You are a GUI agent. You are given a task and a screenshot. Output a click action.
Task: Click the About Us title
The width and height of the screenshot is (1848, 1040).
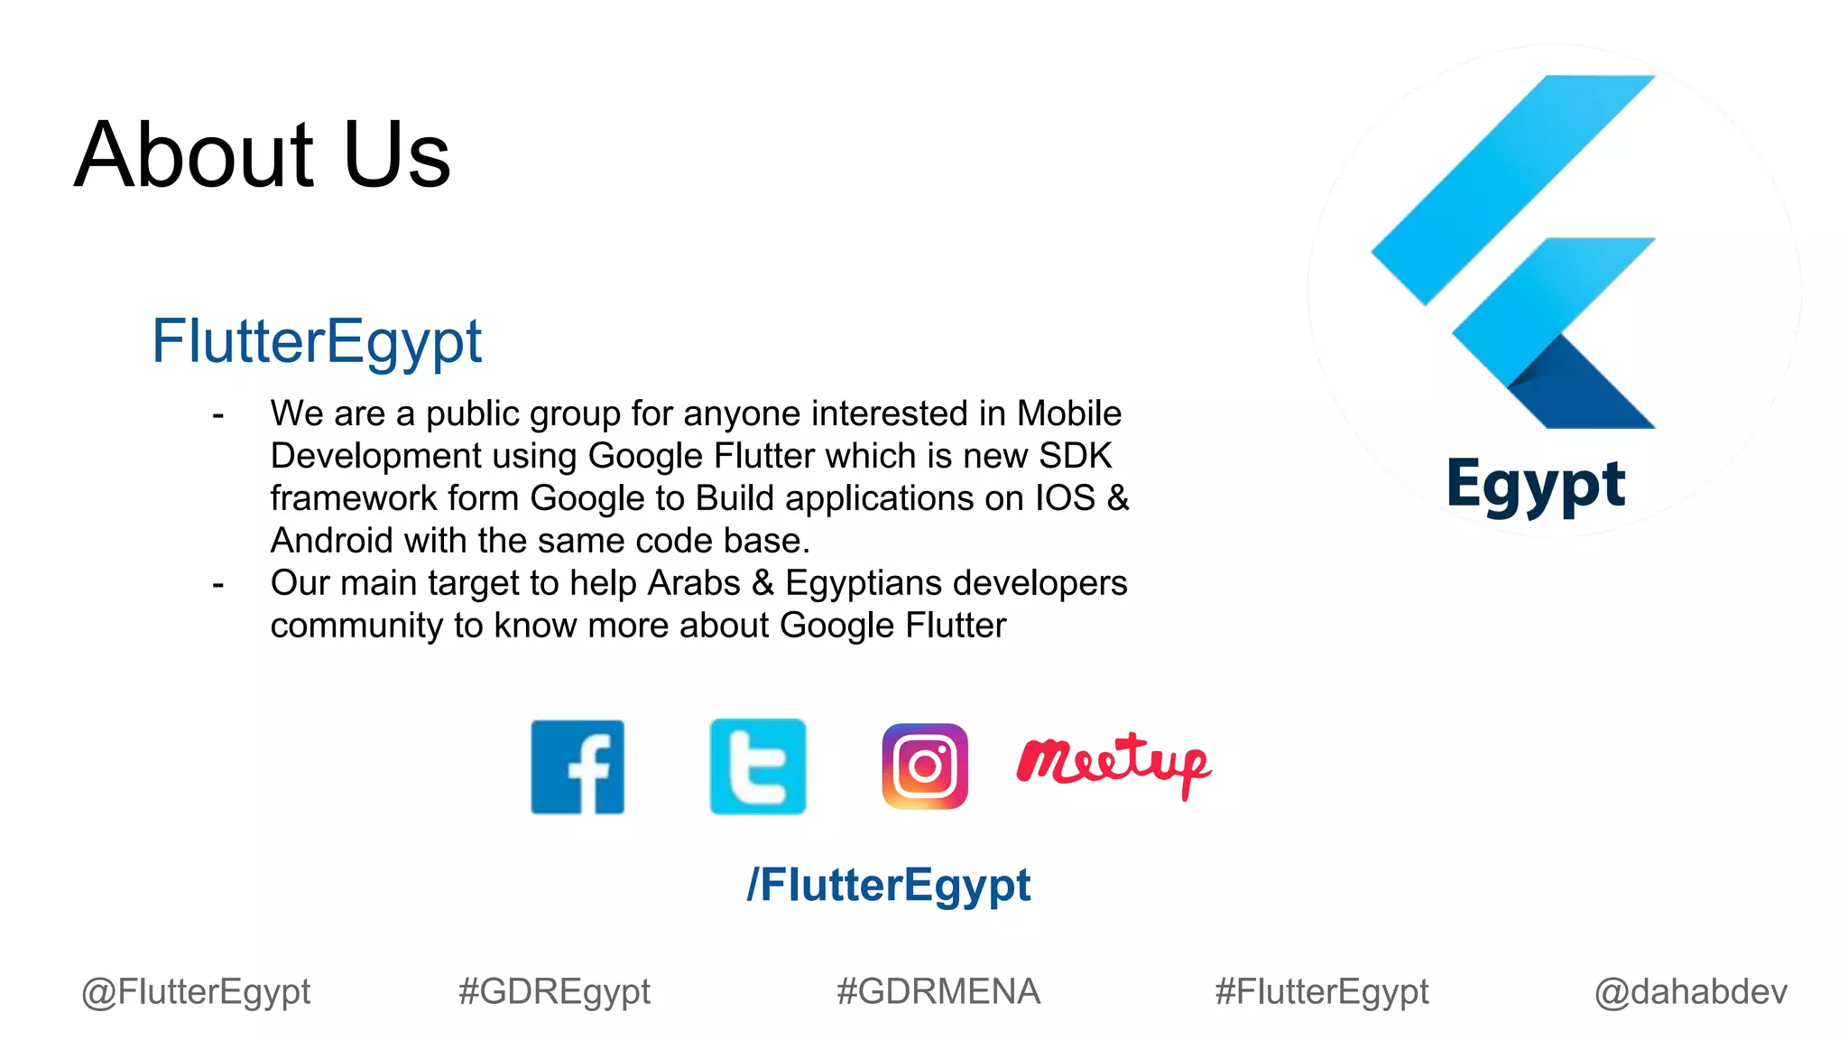262,155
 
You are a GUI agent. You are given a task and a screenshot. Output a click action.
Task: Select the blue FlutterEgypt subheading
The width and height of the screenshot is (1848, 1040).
316,342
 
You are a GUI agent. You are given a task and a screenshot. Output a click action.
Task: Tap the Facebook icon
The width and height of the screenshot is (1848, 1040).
577,767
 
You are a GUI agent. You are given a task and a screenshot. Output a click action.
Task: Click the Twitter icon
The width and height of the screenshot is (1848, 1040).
758,767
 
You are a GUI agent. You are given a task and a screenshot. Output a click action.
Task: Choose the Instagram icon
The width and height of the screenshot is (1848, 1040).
925,766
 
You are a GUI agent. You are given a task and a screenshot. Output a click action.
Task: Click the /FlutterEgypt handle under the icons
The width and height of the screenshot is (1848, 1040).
888,885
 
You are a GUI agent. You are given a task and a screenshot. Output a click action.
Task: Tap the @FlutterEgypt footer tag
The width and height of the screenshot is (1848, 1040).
196,992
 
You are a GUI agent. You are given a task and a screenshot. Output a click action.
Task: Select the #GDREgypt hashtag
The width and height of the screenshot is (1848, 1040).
554,992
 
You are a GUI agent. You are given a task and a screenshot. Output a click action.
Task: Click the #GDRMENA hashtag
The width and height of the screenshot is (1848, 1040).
938,992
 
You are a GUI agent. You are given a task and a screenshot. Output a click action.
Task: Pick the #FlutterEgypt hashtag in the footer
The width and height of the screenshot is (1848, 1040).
1322,992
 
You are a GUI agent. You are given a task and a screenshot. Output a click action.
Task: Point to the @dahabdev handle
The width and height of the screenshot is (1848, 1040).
1691,992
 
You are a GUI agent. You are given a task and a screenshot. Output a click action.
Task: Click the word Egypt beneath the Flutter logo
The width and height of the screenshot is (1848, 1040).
1536,486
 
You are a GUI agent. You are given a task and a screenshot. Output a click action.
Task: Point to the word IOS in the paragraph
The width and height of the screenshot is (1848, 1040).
1065,498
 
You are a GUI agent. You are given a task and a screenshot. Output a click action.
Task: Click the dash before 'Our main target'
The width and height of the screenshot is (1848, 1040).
217,585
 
